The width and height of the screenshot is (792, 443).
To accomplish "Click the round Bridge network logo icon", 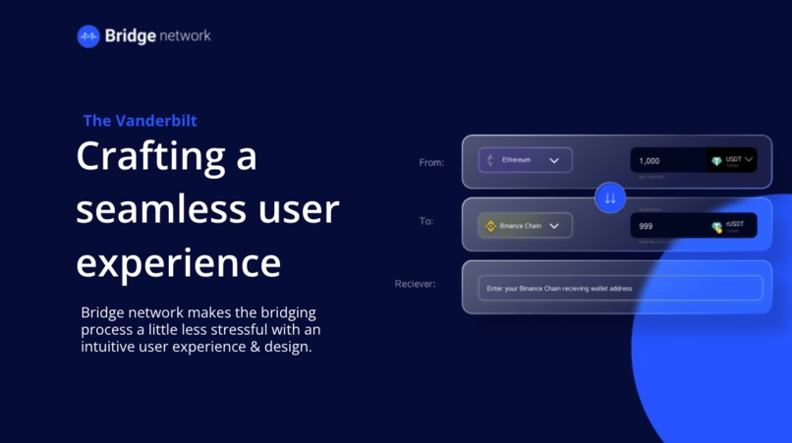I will pos(88,36).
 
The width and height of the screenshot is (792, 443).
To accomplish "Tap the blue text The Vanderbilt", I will pos(140,121).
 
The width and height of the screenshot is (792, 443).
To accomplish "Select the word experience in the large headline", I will pos(178,262).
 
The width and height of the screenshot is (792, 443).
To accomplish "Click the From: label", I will pos(431,162).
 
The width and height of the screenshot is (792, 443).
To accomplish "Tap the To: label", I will pos(426,222).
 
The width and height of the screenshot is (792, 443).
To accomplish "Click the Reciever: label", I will pos(415,284).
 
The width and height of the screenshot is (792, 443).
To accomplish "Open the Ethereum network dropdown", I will pos(525,160).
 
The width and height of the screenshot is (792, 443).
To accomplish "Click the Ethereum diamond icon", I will pos(490,160).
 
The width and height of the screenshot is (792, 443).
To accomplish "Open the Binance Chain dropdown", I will pos(525,226).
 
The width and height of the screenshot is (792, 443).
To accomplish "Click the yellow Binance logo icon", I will pos(490,226).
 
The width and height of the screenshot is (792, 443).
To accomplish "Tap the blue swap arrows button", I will pos(610,197).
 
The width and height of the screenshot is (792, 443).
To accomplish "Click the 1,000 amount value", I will pos(650,161).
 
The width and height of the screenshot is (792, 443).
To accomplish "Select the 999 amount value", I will pos(646,226).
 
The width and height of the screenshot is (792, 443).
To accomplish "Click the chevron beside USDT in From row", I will pos(749,158).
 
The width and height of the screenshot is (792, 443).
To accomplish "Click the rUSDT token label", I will pos(735,224).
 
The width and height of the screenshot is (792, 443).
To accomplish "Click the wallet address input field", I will pos(620,288).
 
